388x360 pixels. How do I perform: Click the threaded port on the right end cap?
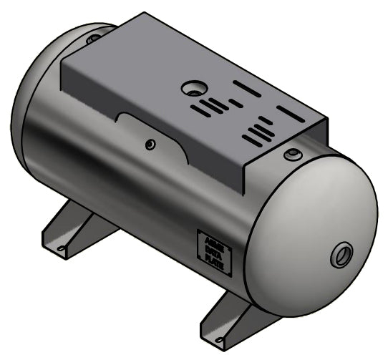pos(342,256)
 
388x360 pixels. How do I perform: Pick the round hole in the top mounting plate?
pos(193,89)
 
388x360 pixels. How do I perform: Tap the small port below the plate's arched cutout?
pos(150,145)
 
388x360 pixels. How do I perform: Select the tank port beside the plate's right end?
pos(292,155)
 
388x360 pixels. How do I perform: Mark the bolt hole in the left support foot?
pos(62,249)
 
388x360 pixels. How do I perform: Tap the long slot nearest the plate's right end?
pos(291,113)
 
